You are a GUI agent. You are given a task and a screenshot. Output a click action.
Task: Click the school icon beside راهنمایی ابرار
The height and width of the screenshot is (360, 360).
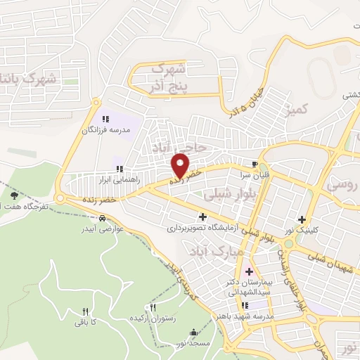(120, 169)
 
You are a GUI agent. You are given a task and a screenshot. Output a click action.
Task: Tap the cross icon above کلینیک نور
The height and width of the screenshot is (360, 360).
(302, 219)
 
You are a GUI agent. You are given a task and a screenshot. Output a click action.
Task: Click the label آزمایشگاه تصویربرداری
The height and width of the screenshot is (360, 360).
(203, 228)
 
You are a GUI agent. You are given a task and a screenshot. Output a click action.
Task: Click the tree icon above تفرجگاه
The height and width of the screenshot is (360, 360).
(14, 195)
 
